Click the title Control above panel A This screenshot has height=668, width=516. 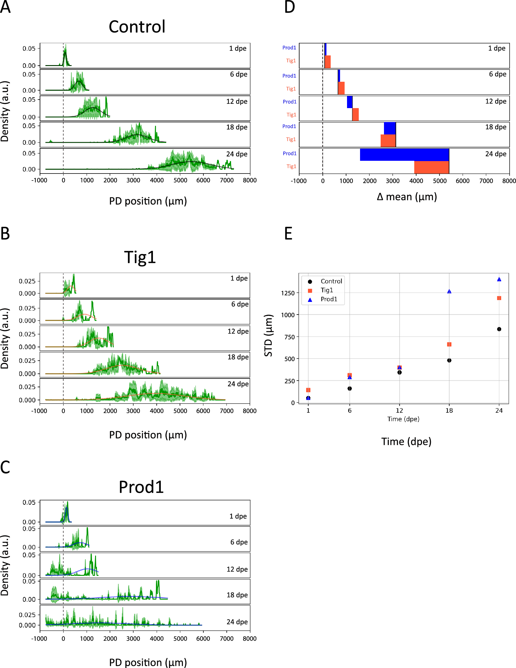coord(137,27)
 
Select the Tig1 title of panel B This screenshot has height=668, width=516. coord(140,257)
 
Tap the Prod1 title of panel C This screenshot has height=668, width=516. coord(141,487)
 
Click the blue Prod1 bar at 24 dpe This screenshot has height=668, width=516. coord(404,155)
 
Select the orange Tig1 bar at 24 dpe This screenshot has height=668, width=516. coord(431,167)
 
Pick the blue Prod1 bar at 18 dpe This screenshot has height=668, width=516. coord(390,128)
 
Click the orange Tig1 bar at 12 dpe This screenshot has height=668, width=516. coord(355,114)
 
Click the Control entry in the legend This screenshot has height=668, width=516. coord(331,281)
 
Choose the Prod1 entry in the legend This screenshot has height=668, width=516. coord(329,299)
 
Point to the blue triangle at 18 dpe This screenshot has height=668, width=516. coord(449,292)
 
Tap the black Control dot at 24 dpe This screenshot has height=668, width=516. coord(499,329)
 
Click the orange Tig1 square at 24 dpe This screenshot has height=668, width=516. coord(499,298)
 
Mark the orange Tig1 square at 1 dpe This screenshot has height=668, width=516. coord(308,390)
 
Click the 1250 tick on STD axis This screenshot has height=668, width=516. coord(287,293)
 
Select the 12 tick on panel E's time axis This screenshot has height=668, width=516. coord(399,411)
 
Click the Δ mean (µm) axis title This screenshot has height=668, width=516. coord(406,197)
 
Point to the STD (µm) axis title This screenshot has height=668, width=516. coord(268,335)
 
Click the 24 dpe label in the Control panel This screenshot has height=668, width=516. coord(236,154)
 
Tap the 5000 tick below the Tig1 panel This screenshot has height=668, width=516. coord(180,411)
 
